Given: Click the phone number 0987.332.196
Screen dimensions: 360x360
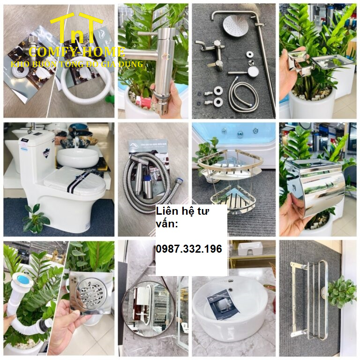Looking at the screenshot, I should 188,249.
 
